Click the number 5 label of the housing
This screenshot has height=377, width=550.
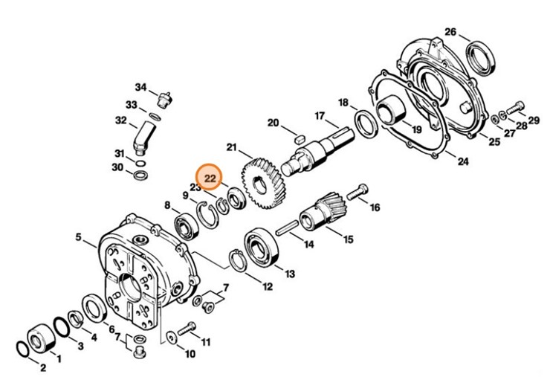pyautogui.click(x=78, y=238)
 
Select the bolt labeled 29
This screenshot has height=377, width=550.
pyautogui.click(x=514, y=108)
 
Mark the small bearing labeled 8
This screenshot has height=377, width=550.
pyautogui.click(x=183, y=223)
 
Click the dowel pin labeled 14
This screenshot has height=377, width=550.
pyautogui.click(x=285, y=231)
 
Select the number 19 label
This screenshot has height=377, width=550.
pyautogui.click(x=416, y=129)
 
